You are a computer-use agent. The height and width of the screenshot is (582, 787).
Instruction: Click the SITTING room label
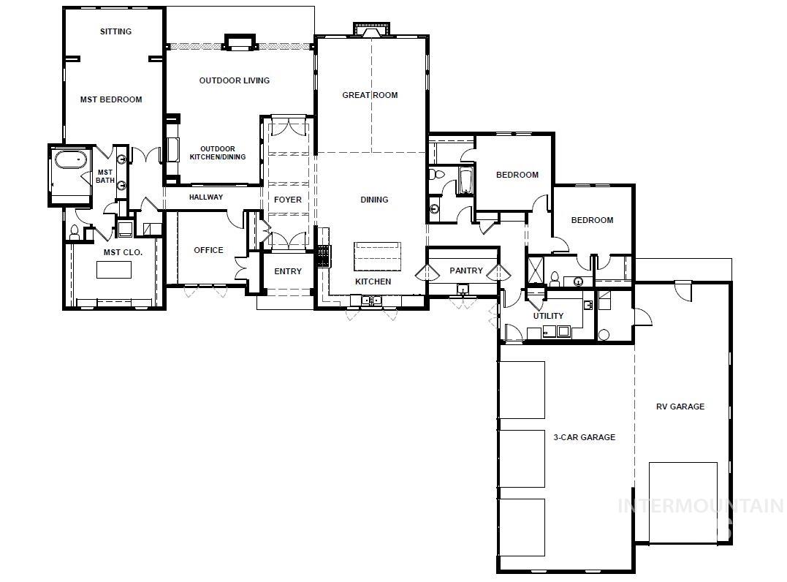pyautogui.click(x=115, y=31)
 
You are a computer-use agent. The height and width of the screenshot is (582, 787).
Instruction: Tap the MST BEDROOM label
pyautogui.click(x=111, y=99)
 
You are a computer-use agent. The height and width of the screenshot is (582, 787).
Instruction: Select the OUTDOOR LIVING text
pyautogui.click(x=234, y=80)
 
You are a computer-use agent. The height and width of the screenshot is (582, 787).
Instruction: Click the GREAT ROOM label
pyautogui.click(x=370, y=95)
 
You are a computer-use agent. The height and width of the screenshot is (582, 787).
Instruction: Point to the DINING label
pyautogui.click(x=374, y=200)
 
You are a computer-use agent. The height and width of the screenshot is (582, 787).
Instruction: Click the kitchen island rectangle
pyautogui.click(x=377, y=256)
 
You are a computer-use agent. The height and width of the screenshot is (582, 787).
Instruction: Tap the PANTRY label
pyautogui.click(x=465, y=271)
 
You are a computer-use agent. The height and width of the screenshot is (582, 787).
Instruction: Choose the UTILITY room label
pyautogui.click(x=548, y=316)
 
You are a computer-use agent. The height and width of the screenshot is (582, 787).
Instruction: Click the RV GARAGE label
pyautogui.click(x=680, y=407)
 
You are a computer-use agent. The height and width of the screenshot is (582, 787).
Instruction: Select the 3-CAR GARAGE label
pyautogui.click(x=584, y=437)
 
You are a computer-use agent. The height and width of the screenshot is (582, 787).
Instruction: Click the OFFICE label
pyautogui.click(x=208, y=250)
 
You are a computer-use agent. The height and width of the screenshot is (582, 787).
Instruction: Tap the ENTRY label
pyautogui.click(x=288, y=271)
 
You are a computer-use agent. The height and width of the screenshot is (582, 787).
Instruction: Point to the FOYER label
pyautogui.click(x=288, y=200)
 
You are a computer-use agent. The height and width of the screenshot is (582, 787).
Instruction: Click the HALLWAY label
pyautogui.click(x=206, y=197)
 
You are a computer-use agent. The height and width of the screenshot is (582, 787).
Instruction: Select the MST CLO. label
pyautogui.click(x=122, y=252)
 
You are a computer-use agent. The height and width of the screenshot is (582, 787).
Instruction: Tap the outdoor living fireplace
pyautogui.click(x=239, y=42)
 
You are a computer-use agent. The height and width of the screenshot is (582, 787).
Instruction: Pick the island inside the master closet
pyautogui.click(x=115, y=268)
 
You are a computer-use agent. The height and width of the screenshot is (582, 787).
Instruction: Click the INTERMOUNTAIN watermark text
pyautogui.click(x=700, y=505)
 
